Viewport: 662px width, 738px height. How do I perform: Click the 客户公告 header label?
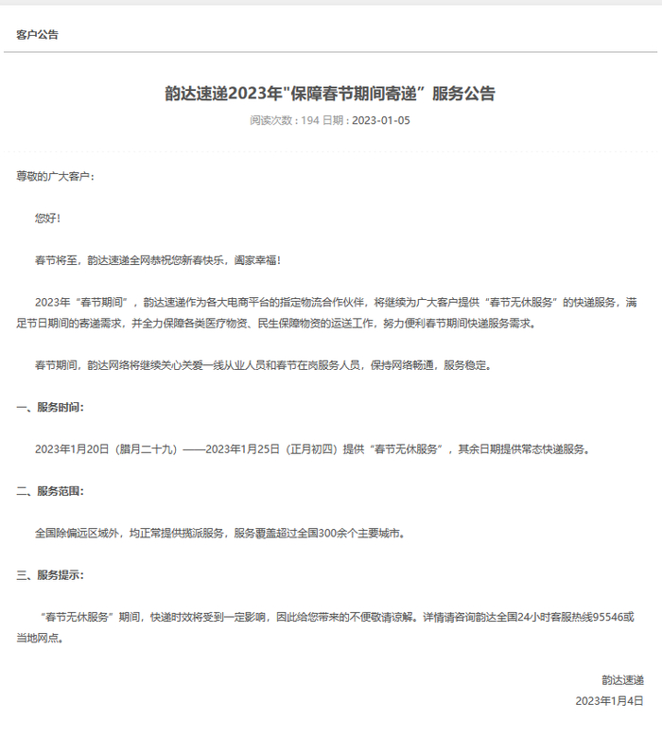point(37,35)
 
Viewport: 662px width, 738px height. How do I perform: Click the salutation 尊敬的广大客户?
point(54,177)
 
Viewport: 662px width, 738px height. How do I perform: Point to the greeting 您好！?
point(48,218)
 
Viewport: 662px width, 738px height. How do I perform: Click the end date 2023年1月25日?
point(243,449)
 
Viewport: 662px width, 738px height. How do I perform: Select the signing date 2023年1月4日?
point(609,701)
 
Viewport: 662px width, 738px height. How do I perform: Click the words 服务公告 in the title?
point(462,94)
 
